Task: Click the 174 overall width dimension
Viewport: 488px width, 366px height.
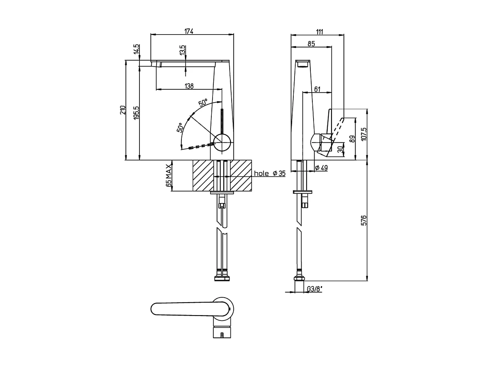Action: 189,31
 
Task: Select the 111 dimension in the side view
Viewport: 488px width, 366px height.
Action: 319,31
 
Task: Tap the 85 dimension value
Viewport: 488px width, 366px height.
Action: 311,44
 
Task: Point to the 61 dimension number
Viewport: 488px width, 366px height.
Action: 317,89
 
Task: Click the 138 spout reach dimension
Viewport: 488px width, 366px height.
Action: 189,86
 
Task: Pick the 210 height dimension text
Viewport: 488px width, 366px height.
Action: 123,110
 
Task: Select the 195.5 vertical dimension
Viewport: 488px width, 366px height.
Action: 136,113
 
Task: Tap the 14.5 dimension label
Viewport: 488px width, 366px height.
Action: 136,49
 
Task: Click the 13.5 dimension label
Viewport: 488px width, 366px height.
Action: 183,51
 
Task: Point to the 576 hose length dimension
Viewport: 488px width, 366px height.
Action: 364,220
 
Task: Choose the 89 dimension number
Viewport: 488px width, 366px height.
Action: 352,139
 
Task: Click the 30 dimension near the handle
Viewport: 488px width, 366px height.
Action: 340,149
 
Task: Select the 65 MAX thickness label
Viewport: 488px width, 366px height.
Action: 169,176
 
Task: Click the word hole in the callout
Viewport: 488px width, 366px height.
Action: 261,173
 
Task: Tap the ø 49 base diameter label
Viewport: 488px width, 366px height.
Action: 321,168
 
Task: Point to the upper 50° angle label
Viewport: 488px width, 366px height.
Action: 203,103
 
